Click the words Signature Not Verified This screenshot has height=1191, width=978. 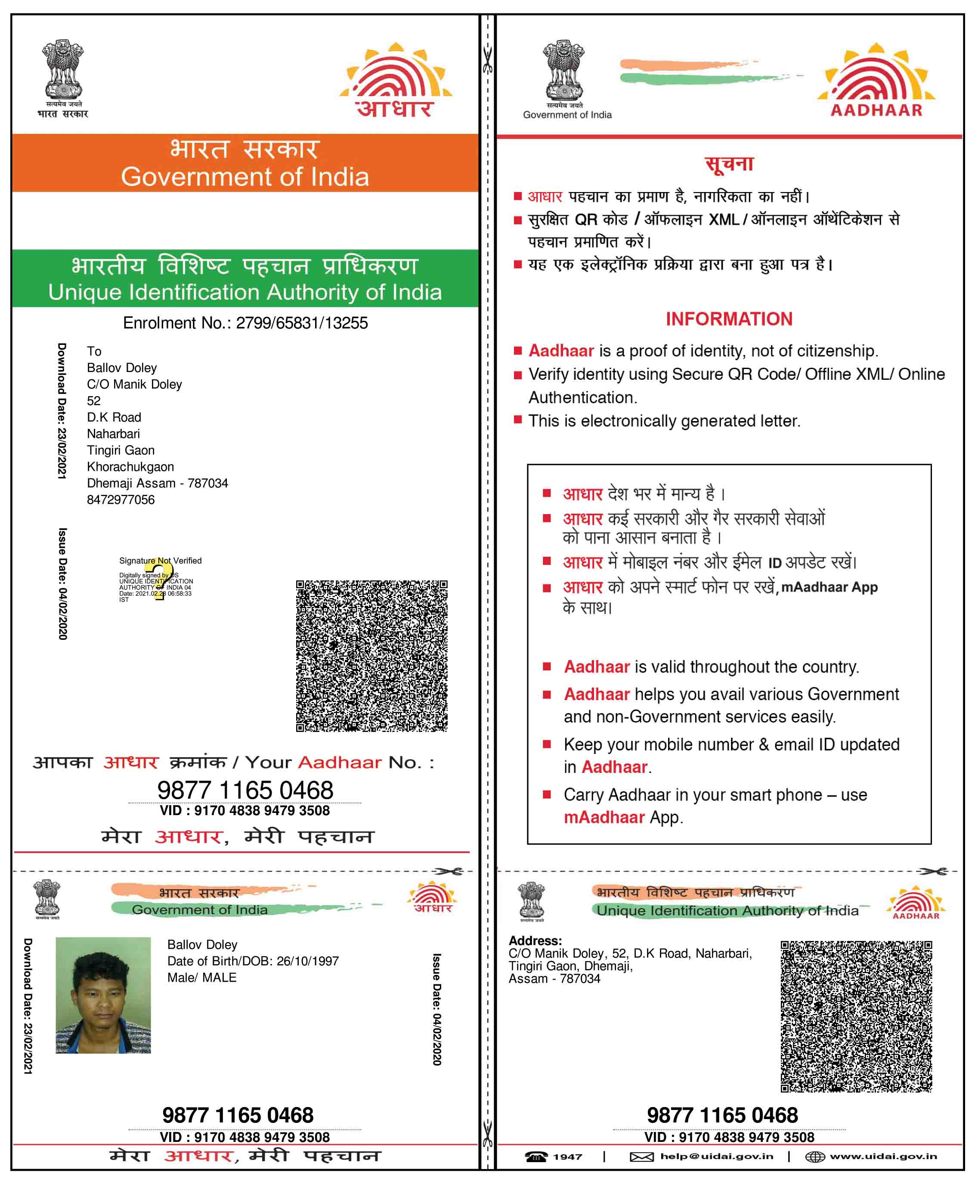click(160, 561)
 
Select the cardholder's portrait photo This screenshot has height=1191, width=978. click(103, 995)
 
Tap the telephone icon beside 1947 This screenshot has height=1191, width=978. click(536, 1157)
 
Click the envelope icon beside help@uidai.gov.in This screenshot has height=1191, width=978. click(641, 1157)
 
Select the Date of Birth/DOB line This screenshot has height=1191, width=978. click(253, 961)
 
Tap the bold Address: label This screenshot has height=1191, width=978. click(535, 940)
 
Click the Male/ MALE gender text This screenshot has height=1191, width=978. click(202, 977)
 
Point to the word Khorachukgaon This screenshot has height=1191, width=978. click(130, 466)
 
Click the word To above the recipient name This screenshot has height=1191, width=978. click(94, 351)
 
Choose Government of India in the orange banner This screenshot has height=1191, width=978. click(245, 177)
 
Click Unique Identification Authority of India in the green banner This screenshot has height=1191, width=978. click(245, 292)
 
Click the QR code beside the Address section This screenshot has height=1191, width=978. click(856, 1016)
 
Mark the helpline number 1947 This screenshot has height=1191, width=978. click(567, 1157)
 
